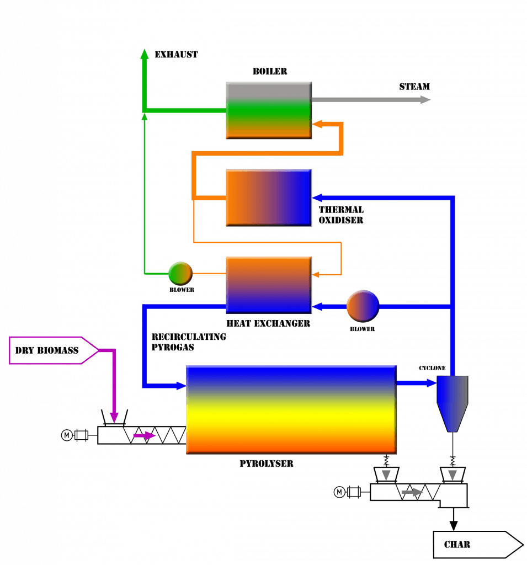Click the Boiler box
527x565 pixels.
pos(269,110)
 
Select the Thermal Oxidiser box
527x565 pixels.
pos(269,197)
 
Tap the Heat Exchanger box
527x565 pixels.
pos(269,284)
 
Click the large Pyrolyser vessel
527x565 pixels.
pos(291,409)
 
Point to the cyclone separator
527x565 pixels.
pos(453,400)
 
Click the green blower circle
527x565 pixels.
pos(180,273)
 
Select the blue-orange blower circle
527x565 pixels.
pos(363,305)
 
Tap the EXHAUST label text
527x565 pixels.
pos(176,55)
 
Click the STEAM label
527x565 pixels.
pos(414,87)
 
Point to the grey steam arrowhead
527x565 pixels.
pos(424,100)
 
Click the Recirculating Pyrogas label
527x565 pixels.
pos(188,342)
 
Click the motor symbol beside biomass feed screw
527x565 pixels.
pos(68,436)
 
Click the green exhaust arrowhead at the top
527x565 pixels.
pos(145,53)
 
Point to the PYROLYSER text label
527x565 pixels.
pos(267,463)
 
